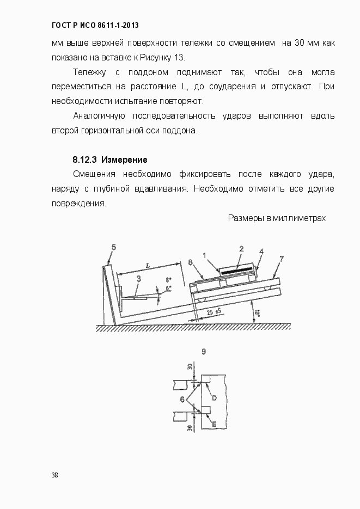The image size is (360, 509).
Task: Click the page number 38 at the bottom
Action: click(x=54, y=475)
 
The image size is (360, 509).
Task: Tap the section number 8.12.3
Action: click(x=84, y=160)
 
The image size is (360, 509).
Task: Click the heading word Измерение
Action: click(x=124, y=160)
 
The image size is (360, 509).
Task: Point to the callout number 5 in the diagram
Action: click(x=113, y=247)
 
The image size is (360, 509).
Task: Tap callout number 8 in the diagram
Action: click(x=191, y=262)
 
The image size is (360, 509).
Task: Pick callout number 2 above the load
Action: click(x=241, y=248)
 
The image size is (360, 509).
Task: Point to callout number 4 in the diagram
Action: click(x=261, y=252)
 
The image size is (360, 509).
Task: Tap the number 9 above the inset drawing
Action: click(x=203, y=352)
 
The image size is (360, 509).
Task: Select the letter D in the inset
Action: click(x=215, y=398)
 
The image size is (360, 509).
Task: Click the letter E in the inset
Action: click(x=214, y=423)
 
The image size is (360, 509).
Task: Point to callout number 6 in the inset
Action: click(x=182, y=400)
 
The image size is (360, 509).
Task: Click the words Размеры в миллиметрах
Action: click(x=277, y=218)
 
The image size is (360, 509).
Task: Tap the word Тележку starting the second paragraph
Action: click(x=89, y=72)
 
